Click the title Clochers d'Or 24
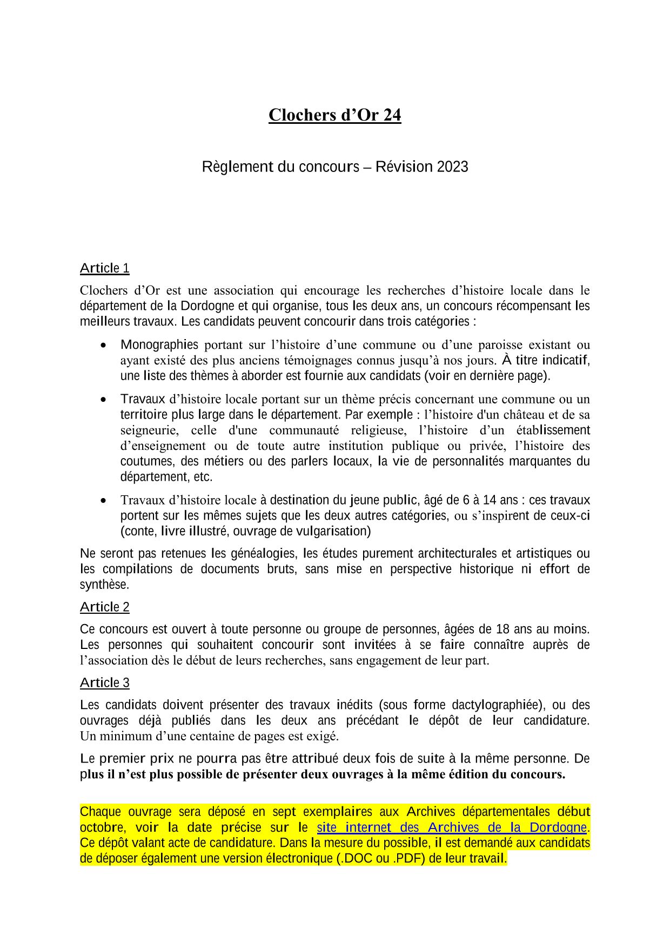click(334, 115)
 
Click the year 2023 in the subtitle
click(452, 167)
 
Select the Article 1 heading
click(104, 268)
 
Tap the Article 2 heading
click(104, 607)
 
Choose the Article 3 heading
click(104, 682)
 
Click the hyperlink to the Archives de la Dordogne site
click(451, 827)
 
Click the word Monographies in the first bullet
click(159, 344)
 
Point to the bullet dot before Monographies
click(103, 345)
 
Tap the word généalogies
click(265, 553)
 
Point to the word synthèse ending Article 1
click(104, 585)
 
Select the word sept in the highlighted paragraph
click(284, 812)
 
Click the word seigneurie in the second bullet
click(149, 430)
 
